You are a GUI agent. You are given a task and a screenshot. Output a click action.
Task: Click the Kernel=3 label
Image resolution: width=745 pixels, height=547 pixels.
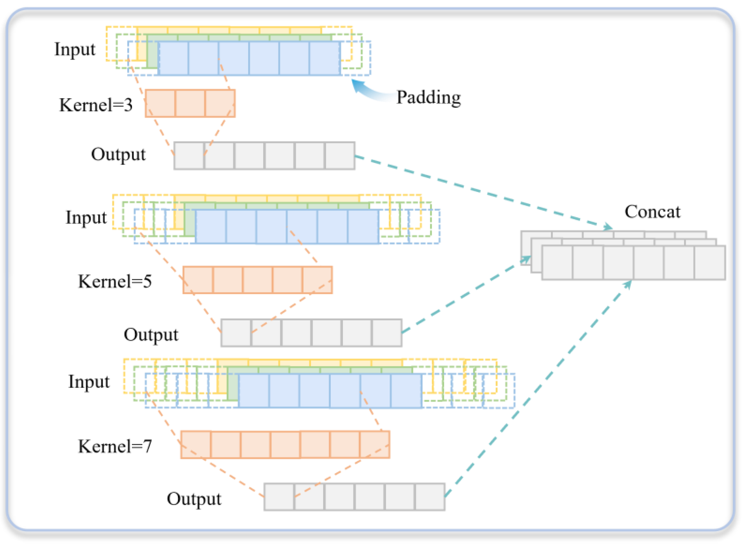pos(96,105)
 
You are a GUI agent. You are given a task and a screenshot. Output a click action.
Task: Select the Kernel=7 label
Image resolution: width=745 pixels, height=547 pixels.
pos(114,446)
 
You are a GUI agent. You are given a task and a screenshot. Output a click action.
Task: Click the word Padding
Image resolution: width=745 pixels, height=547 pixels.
pos(429,98)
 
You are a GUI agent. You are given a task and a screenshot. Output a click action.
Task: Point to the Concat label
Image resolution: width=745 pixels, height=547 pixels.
pos(652,212)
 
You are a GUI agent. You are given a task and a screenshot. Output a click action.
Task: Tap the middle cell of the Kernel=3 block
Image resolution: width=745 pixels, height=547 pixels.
pos(190,103)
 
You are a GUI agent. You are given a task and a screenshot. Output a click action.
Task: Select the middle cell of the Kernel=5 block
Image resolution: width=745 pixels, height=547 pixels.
pos(257,280)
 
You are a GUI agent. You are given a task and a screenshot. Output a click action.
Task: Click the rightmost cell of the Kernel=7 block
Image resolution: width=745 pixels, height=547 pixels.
pos(375,445)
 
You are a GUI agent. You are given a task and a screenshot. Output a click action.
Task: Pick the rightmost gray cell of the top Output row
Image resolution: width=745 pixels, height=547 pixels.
pos(339,156)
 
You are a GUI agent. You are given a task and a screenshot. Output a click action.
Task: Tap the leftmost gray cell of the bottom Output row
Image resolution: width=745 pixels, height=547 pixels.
pos(279,497)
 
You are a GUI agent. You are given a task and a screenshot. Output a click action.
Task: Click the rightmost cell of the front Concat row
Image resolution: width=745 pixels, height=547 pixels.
pos(709,263)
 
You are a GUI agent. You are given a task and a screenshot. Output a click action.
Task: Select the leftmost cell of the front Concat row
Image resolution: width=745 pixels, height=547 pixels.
pos(557,263)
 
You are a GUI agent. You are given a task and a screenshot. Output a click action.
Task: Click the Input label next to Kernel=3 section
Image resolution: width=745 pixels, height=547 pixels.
pos(75,50)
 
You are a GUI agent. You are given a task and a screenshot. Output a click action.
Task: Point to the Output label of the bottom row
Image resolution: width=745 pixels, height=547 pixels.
pos(194,499)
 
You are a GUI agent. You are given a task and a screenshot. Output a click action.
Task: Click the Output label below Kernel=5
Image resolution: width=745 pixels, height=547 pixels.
pos(151,335)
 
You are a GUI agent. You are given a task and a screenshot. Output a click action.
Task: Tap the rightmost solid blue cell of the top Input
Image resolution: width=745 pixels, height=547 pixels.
pos(325,59)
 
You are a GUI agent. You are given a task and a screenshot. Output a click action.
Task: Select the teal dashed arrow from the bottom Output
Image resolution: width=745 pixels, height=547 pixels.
pos(537,391)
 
